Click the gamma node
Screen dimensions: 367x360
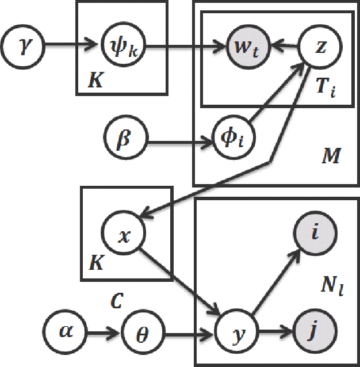(23, 44)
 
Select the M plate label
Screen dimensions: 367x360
(332, 156)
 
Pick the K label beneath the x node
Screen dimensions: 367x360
(96, 264)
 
